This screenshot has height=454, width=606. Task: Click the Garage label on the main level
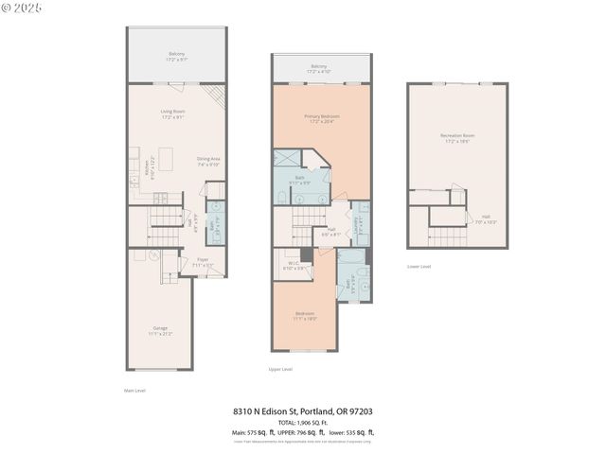pos(159,330)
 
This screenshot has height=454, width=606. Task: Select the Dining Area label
pos(208,160)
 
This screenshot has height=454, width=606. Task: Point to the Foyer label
pos(203,261)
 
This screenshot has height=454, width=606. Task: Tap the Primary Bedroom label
pos(322,117)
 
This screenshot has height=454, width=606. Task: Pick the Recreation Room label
pos(457,138)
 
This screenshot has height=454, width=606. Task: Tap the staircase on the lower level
pos(447,235)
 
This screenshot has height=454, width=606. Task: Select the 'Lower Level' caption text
pos(419,267)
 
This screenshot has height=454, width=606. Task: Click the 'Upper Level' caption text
pos(280,369)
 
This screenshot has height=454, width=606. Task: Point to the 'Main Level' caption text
pos(134,390)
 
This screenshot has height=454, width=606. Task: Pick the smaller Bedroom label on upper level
pos(304,315)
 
